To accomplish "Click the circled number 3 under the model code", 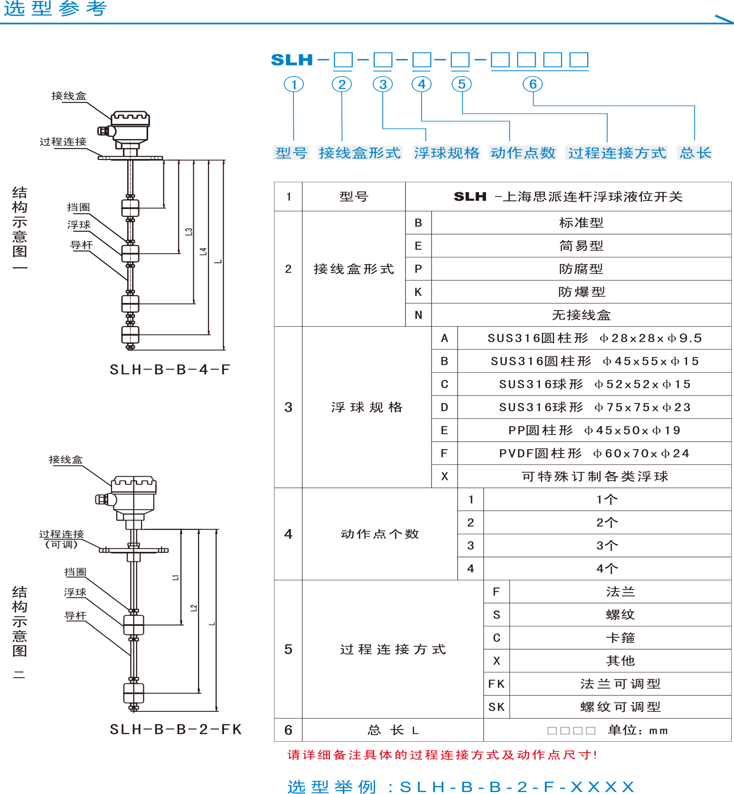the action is tap(383, 85).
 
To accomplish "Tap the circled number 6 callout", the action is tap(533, 85).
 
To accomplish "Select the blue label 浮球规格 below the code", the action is tap(447, 153).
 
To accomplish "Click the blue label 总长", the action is tap(695, 153).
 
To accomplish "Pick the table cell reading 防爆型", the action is tap(582, 292).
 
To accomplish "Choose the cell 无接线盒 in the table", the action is tap(582, 315).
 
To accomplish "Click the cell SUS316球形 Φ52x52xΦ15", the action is tap(595, 384).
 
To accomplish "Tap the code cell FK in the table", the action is tap(496, 684).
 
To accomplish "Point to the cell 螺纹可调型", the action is tap(620, 707).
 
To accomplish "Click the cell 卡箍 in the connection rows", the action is tap(620, 638).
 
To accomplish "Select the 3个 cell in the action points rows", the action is tap(607, 546).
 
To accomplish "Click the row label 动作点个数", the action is tap(380, 534).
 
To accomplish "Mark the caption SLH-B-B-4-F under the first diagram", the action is tap(170, 369).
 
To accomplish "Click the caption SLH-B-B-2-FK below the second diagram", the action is tap(176, 729).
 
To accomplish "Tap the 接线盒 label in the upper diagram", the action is tap(69, 96).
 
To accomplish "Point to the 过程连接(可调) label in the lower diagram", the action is tap(61, 539).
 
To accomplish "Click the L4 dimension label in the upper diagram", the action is tap(203, 252).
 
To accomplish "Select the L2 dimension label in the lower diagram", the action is tap(193, 608).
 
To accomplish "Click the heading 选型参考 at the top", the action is tap(56, 9).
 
